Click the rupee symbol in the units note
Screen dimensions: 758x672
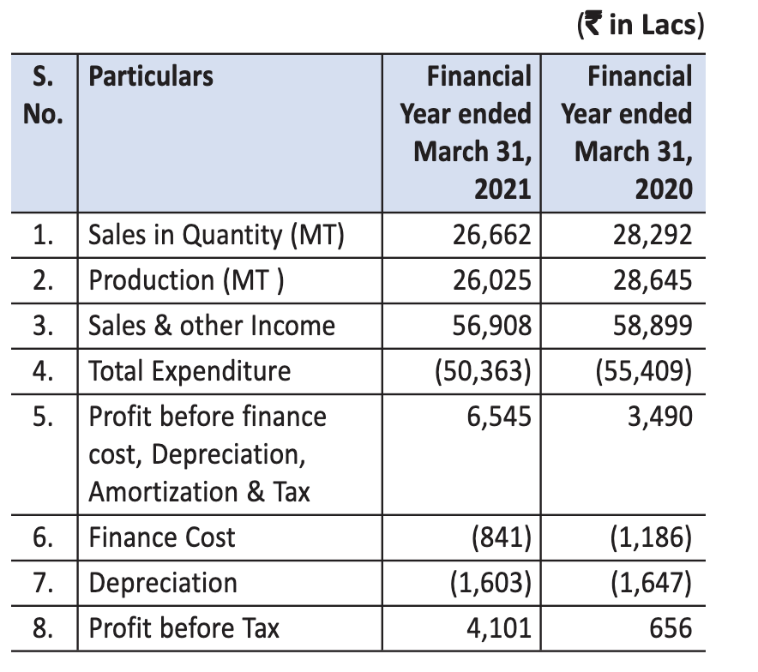pyautogui.click(x=593, y=24)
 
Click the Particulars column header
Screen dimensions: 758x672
pyautogui.click(x=151, y=76)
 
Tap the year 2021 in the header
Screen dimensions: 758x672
pyautogui.click(x=502, y=189)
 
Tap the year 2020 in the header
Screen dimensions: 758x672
pyautogui.click(x=664, y=189)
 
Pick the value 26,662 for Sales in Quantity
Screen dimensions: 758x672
pyautogui.click(x=491, y=235)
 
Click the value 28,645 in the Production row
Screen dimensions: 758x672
pyautogui.click(x=653, y=280)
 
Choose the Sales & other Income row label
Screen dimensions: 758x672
pyautogui.click(x=212, y=326)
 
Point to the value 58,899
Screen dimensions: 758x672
pyautogui.click(x=653, y=326)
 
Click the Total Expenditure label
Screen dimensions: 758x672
pyautogui.click(x=189, y=371)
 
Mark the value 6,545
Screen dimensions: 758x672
pyautogui.click(x=499, y=417)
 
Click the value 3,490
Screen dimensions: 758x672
pyautogui.click(x=660, y=417)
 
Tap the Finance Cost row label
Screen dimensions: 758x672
pyautogui.click(x=162, y=537)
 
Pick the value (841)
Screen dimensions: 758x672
pyautogui.click(x=502, y=537)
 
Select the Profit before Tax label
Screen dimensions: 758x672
pyautogui.click(x=184, y=628)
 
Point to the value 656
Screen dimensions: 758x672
pyautogui.click(x=671, y=628)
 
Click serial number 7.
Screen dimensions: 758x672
pyautogui.click(x=43, y=583)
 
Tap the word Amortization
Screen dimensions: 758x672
pyautogui.click(x=164, y=492)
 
